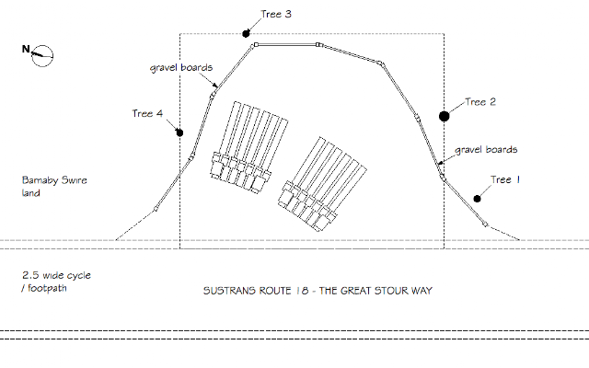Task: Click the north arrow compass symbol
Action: coord(40,57)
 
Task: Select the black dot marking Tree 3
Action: coord(248,33)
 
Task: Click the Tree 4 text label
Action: coord(148,114)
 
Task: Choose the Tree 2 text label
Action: coord(480,102)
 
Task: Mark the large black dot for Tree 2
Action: coord(445,116)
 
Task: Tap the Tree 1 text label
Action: coord(505,180)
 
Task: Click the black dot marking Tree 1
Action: coord(478,198)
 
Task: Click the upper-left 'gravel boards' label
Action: coord(182,68)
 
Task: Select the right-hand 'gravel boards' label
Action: coord(487,148)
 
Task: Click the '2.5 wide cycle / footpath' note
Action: coord(57,282)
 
